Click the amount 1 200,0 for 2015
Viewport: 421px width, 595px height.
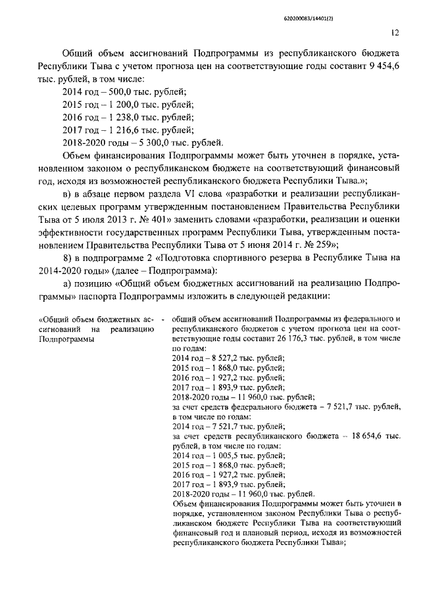tap(115, 105)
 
